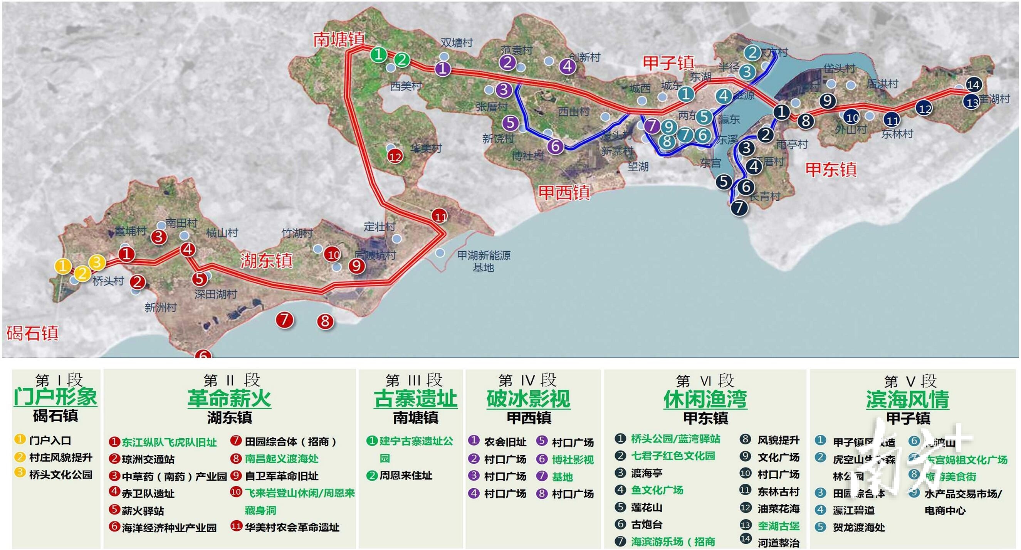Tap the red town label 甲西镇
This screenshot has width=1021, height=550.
564,193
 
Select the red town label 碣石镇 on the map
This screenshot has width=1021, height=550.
32,333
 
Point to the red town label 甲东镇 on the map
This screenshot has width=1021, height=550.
831,169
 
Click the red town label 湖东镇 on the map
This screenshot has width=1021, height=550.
266,261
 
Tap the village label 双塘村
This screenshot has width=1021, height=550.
457,42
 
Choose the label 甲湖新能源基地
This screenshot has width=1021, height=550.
484,261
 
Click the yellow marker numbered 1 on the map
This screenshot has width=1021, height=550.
63,266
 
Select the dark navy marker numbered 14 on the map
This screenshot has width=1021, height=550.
974,84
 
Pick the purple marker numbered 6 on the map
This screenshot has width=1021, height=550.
555,146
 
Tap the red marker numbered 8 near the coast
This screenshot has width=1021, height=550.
325,321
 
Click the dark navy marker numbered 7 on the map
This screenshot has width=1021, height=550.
739,207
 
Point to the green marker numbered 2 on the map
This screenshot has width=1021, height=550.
402,60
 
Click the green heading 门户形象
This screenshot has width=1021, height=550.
55,397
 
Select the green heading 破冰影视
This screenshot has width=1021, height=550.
528,399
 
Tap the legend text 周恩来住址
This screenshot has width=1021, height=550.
405,476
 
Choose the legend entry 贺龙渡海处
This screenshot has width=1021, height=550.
858,527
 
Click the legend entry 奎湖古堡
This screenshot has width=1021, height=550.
778,526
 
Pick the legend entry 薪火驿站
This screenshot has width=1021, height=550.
143,511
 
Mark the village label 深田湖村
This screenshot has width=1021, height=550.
216,294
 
